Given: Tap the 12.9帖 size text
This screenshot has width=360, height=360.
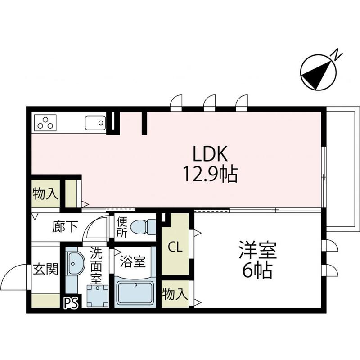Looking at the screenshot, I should (x=210, y=174).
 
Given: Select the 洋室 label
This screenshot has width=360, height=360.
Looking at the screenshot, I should (x=257, y=250).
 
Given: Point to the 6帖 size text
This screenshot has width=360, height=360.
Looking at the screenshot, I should (x=257, y=270).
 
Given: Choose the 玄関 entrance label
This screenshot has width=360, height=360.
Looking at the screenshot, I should (x=46, y=270).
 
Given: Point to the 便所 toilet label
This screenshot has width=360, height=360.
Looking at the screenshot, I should (x=121, y=227).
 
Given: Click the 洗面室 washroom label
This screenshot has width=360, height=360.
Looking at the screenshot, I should (x=97, y=266).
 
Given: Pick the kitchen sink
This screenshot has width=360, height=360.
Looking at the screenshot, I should (x=94, y=122).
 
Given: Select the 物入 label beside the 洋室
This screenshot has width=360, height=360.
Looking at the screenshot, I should (x=175, y=295).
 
